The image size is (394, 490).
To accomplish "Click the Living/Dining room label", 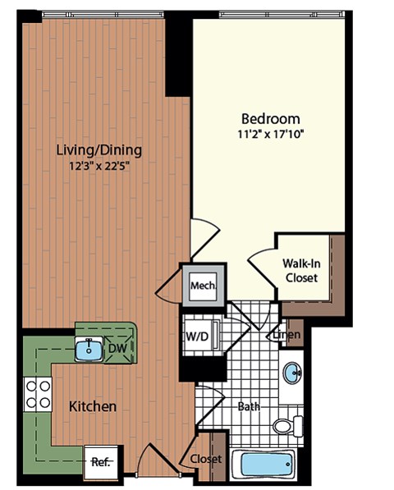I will tap(99, 150).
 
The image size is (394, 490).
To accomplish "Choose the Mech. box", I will tap(203, 286).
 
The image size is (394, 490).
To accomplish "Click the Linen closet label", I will tap(286, 335).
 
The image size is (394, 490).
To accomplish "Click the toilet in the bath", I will tap(287, 426).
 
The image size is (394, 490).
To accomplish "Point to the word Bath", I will tap(249, 405).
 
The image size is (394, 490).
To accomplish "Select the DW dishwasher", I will tap(118, 348).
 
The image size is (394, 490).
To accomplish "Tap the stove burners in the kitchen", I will tap(37, 393).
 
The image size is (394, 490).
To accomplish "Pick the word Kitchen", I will tap(92, 406).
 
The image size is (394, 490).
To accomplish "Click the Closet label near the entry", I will tap(205, 459).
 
